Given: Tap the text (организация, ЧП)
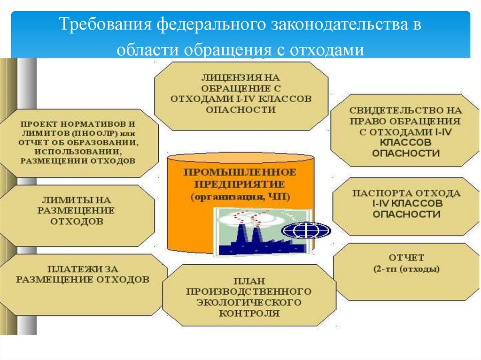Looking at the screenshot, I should (x=240, y=197).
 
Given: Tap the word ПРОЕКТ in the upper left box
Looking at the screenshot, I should (x=38, y=124).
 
